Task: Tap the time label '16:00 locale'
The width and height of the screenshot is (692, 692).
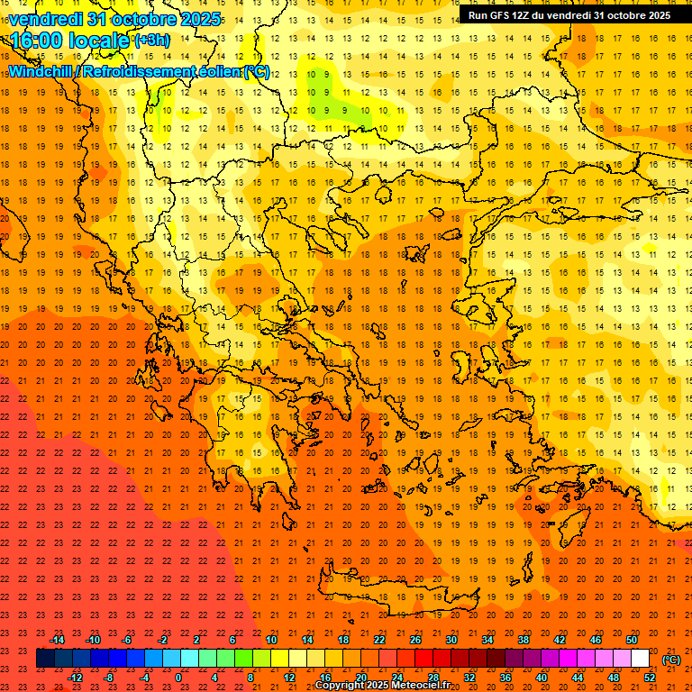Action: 70,41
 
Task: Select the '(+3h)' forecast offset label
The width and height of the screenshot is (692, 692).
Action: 150,41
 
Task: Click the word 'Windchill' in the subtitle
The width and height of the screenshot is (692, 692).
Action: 41,72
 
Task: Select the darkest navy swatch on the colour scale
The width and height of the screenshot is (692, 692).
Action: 45,659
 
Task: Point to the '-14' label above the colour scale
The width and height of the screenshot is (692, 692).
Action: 57,640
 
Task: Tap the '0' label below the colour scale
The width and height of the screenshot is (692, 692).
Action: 179,678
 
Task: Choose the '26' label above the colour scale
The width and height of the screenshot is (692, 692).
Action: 415,640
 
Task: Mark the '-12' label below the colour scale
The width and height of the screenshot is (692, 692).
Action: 75,678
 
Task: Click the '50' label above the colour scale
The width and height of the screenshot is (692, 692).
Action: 632,640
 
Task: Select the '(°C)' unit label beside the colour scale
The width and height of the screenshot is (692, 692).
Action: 671,659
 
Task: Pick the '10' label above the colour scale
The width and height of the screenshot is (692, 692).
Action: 270,640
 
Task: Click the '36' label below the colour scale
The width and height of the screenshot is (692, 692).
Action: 505,678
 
